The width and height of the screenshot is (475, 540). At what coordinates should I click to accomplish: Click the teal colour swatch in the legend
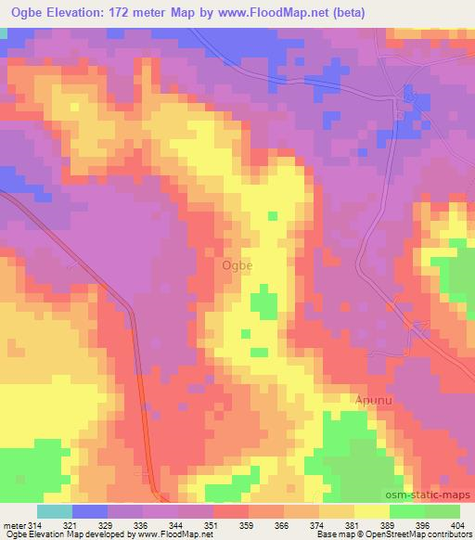[54, 511]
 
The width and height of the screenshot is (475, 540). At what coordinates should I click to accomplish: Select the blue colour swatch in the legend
[88, 511]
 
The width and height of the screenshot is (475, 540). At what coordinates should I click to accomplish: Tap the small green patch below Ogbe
[263, 304]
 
